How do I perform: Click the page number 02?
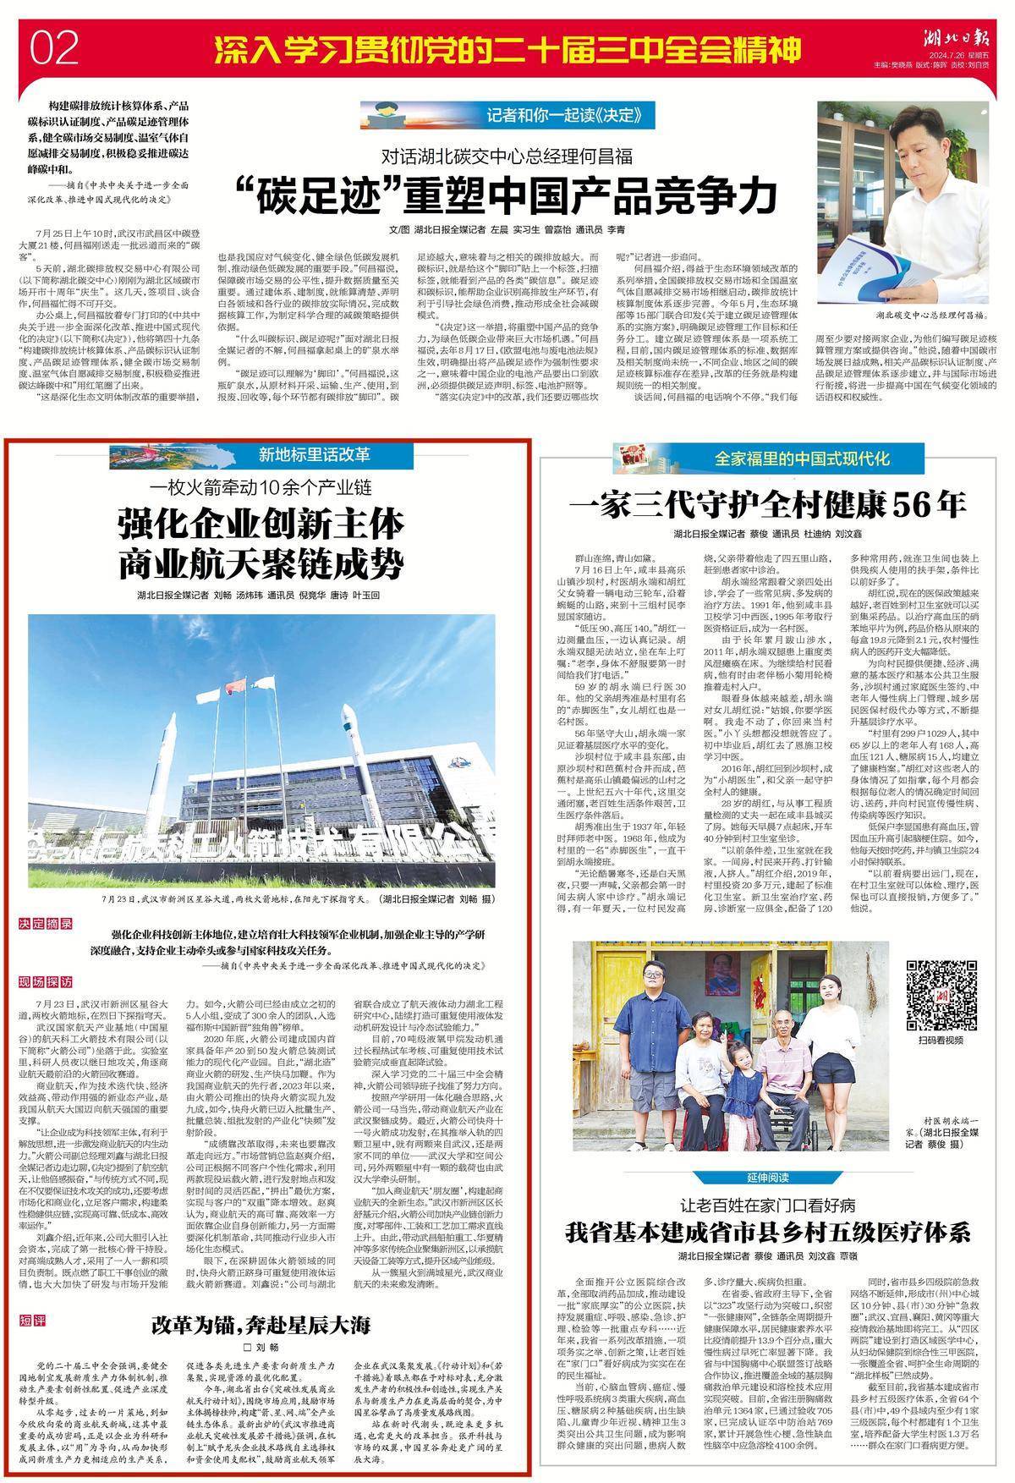pyautogui.click(x=54, y=48)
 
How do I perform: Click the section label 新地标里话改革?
pyautogui.click(x=315, y=455)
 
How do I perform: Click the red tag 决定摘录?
pyautogui.click(x=47, y=924)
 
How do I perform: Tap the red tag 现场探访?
pyautogui.click(x=47, y=983)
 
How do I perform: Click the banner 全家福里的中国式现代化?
pyautogui.click(x=801, y=459)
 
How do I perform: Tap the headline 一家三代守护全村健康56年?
pyautogui.click(x=767, y=505)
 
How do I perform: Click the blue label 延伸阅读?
pyautogui.click(x=768, y=1177)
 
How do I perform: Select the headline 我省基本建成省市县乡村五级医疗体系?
pyautogui.click(x=767, y=1232)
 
